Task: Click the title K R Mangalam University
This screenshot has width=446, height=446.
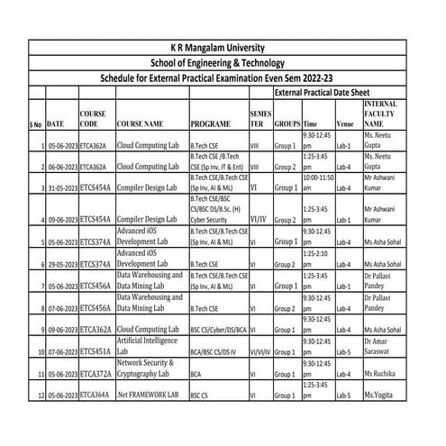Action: tap(223, 48)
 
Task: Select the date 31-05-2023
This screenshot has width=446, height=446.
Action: tap(61, 187)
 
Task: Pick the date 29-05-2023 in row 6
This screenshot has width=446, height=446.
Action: tap(61, 264)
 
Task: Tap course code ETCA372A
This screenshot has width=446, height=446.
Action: tap(96, 372)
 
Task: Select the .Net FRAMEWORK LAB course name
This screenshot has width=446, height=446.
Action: tap(148, 395)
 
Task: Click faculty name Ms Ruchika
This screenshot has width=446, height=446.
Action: tap(382, 372)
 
